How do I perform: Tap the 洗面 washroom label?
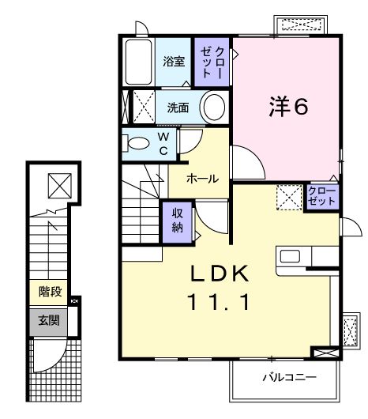click(x=178, y=108)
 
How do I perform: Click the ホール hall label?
click(x=202, y=179)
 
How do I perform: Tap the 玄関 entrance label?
click(x=48, y=320)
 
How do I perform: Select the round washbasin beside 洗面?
click(x=214, y=107)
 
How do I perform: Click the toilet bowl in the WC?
click(x=139, y=144)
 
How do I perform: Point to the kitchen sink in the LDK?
click(x=288, y=257)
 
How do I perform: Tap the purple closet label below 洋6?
click(x=321, y=196)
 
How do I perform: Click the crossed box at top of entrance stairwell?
click(x=60, y=186)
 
